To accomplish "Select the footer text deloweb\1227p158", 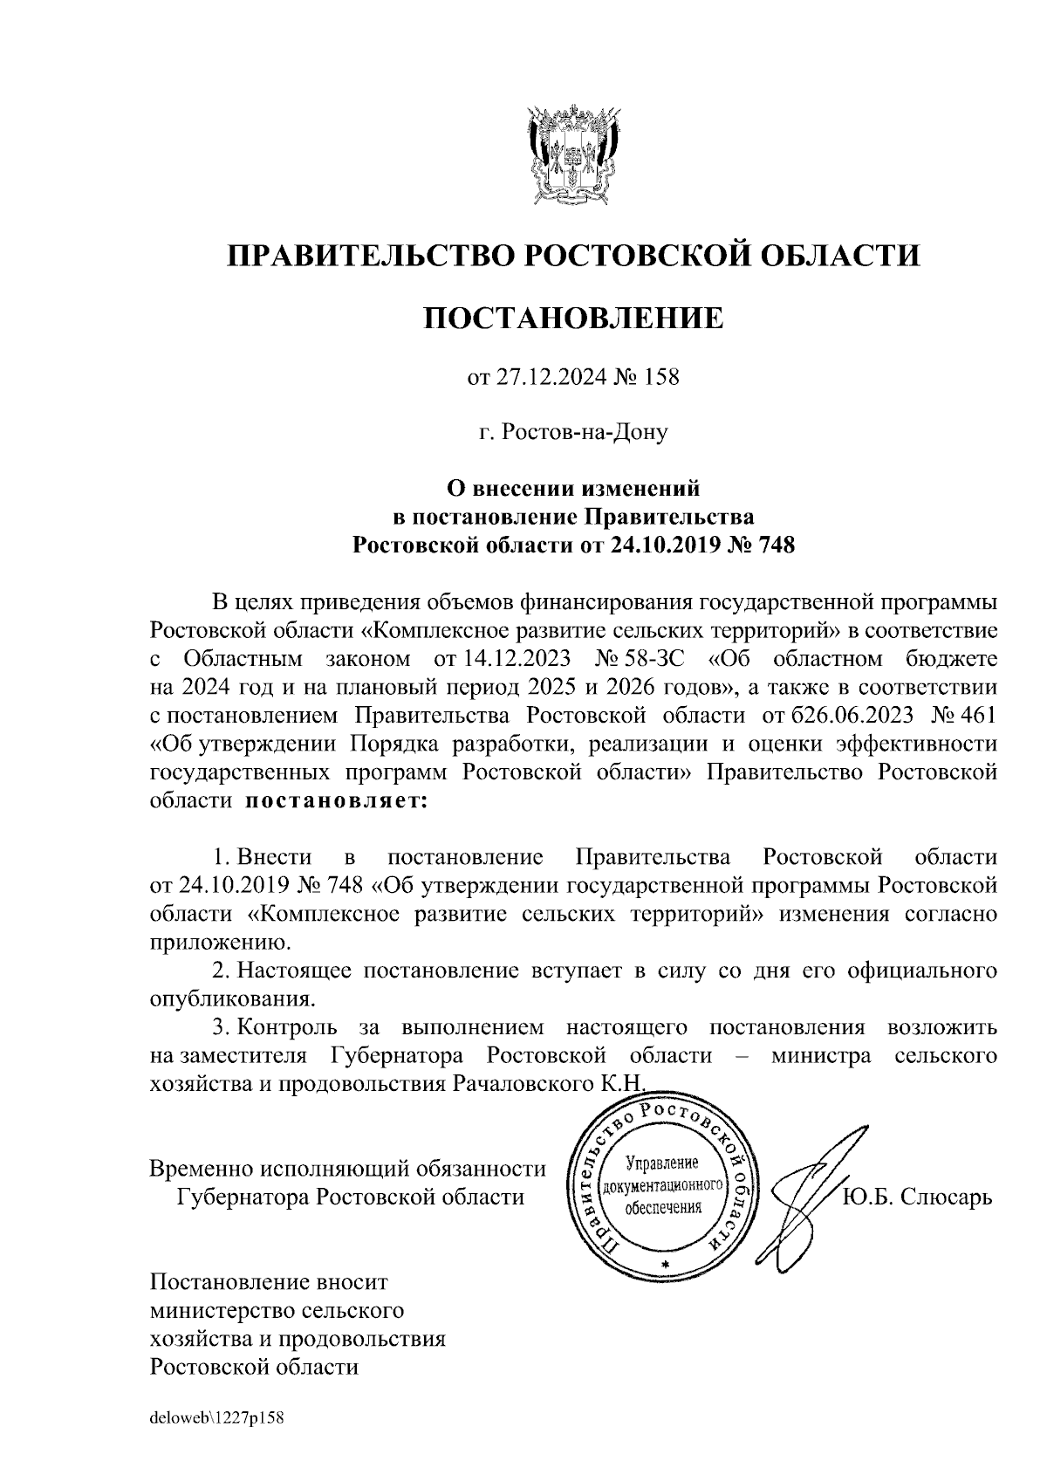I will coord(218,1417).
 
